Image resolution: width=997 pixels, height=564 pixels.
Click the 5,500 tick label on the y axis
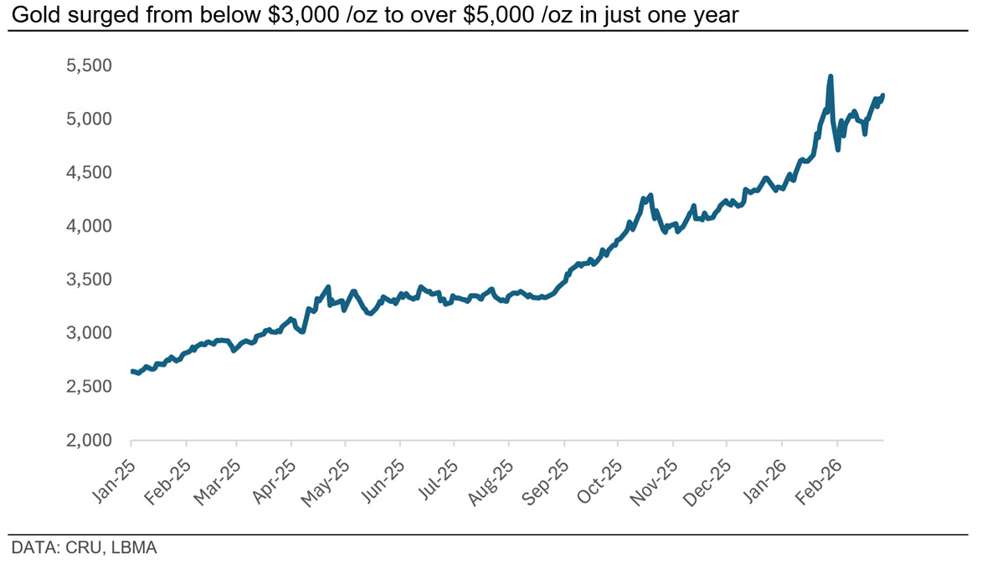[x=89, y=65]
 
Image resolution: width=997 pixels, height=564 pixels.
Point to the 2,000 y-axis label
[x=89, y=440]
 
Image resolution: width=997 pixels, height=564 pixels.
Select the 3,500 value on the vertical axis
[x=89, y=279]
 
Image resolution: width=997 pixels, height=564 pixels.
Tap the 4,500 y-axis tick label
[x=89, y=172]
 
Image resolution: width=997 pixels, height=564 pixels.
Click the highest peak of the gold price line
[x=830, y=76]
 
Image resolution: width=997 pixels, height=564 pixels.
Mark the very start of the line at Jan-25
[x=131, y=372]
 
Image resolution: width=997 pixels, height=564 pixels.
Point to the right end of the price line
[x=883, y=95]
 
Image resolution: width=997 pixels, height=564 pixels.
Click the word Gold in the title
[x=38, y=14]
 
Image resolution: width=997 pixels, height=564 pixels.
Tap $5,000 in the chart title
[x=499, y=14]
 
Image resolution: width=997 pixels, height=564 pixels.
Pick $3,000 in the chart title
[x=304, y=14]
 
